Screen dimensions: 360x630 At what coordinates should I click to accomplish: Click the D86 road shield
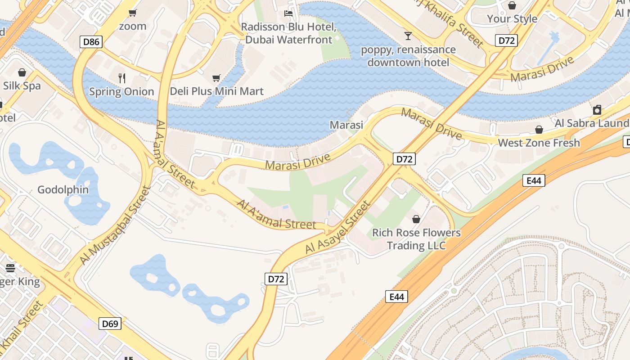coord(92,42)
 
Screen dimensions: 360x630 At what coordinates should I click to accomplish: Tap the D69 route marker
coord(110,324)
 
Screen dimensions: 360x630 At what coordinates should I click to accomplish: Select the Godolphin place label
coord(63,189)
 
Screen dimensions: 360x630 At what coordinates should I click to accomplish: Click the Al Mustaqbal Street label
coord(114,225)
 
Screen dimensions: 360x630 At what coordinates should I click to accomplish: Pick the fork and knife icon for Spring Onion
coord(121,78)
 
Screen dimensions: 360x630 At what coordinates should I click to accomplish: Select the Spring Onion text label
coord(121,91)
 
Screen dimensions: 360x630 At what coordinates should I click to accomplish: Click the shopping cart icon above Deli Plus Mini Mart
coord(216,78)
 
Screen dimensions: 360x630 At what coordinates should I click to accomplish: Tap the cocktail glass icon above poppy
coord(408,36)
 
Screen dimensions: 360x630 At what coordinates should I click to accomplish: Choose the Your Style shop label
coord(512,18)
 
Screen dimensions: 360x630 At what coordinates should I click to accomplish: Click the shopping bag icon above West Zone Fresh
coord(539,130)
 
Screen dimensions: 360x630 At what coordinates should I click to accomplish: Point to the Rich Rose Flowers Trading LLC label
coord(416,239)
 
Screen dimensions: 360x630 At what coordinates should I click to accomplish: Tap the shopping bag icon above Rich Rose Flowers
coord(416,219)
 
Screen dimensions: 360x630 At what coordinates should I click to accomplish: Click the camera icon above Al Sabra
coord(597,110)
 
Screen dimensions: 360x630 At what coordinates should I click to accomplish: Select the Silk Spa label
coord(22,85)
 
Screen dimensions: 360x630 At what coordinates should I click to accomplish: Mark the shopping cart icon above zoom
coord(132,13)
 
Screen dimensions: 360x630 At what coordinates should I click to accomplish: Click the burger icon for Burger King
coord(10,268)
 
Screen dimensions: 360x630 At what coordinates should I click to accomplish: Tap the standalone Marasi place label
coord(346,125)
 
